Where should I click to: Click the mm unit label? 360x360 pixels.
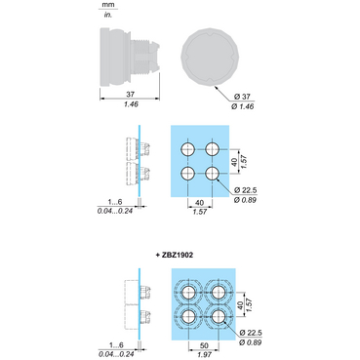107,5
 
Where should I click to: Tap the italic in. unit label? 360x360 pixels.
107,15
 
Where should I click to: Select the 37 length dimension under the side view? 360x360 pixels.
131,95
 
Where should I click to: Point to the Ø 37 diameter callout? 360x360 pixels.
242,97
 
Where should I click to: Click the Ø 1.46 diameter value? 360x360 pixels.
243,106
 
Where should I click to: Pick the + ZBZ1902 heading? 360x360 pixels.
175,255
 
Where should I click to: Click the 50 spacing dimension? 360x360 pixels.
204,345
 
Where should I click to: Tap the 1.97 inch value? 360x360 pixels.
204,355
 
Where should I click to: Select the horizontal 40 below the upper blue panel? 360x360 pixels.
199,203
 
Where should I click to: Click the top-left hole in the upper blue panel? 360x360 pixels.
188,149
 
